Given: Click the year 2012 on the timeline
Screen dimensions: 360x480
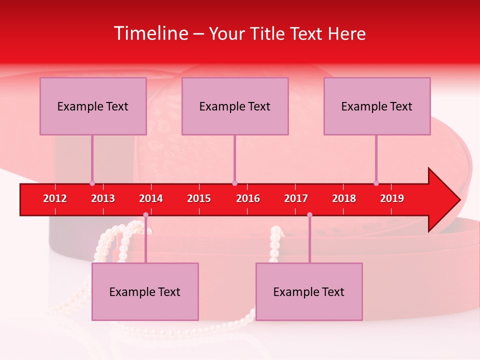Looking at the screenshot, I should coord(55,198).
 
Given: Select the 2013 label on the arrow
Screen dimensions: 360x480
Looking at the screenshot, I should coord(103,198).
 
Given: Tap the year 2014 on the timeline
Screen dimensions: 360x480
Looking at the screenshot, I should coord(151,198).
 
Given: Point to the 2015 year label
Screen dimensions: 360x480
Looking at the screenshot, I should coord(199,198).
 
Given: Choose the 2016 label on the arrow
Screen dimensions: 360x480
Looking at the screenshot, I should coord(248,198).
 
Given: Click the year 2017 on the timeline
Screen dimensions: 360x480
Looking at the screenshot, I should coord(296,198).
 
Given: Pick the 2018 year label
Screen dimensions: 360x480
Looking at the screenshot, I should coord(344,198).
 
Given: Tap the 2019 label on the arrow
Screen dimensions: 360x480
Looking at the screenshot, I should coord(392,198).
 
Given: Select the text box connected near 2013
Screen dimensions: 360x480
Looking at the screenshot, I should coord(93,106).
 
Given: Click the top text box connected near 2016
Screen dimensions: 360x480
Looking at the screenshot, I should coord(235,106).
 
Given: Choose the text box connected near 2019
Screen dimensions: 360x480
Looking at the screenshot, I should coord(377,106).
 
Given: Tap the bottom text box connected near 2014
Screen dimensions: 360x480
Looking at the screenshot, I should coord(145,291).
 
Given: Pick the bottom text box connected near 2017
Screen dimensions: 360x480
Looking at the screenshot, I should coord(309,291).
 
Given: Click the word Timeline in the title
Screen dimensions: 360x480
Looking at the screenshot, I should coord(150,33).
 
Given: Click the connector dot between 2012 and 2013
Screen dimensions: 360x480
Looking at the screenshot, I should coord(92,183).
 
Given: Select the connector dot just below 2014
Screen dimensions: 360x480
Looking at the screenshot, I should coord(145,214).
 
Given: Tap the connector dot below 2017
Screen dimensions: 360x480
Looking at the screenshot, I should coord(309,214).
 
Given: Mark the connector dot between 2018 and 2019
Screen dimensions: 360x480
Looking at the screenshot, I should coord(376,183).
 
